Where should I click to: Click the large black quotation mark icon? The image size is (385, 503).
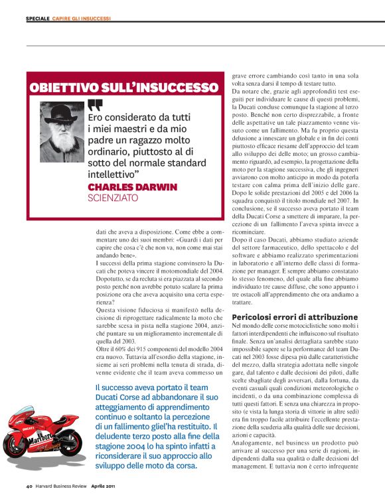click(x=95, y=105)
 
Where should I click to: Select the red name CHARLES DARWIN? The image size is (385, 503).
click(x=132, y=186)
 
